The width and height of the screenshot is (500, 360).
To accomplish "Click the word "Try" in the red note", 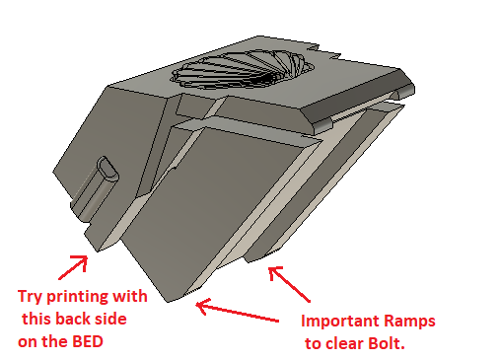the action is click(x=30, y=297).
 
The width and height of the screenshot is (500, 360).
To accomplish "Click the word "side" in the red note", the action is click(x=110, y=319).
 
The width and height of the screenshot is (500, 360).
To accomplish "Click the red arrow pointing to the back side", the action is click(x=73, y=268).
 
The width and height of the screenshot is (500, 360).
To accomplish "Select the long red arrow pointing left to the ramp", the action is click(x=238, y=312).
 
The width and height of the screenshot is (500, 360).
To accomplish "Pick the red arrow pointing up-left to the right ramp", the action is click(x=289, y=284).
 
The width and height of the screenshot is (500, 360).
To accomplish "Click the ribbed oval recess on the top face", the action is click(x=242, y=70).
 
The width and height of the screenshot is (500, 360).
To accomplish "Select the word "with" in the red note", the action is click(x=130, y=296).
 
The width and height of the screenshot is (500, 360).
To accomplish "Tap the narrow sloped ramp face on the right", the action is click(x=322, y=184).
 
